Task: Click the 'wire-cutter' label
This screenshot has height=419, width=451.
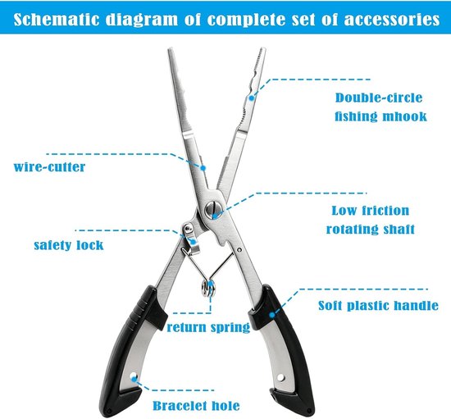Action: click(x=49, y=167)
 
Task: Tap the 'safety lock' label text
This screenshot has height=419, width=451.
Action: click(x=69, y=245)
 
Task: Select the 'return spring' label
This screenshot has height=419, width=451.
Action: click(x=208, y=327)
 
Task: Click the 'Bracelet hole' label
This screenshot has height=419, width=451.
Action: click(x=196, y=406)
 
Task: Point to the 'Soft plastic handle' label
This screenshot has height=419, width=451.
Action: click(x=379, y=305)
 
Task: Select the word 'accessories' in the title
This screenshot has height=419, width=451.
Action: click(x=392, y=20)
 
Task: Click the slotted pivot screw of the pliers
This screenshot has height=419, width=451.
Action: click(x=213, y=210)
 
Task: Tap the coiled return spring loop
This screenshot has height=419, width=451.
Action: click(x=208, y=289)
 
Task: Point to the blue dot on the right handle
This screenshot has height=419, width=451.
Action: click(x=271, y=315)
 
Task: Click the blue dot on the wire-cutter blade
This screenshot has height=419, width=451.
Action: click(x=203, y=168)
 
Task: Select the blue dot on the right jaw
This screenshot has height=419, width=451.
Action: click(x=252, y=98)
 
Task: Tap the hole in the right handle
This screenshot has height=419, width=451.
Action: click(x=280, y=377)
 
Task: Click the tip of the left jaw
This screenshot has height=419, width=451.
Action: click(x=171, y=49)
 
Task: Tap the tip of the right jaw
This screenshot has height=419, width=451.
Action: click(x=262, y=48)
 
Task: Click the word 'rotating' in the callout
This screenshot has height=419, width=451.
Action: click(x=348, y=230)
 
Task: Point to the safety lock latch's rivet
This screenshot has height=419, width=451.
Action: click(x=189, y=228)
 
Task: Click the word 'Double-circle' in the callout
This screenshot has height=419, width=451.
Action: click(x=379, y=98)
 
